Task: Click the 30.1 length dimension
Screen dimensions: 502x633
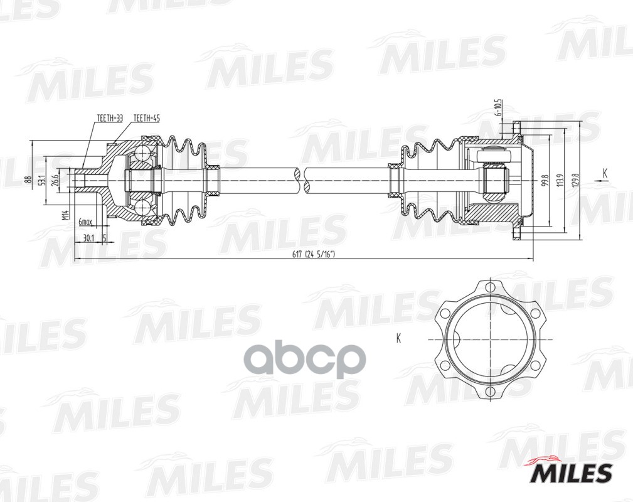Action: coord(88,238)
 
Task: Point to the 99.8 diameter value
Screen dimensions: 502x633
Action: coord(544,181)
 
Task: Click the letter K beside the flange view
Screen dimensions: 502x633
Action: coord(398,339)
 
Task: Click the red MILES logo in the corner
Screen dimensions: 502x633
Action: coord(572,471)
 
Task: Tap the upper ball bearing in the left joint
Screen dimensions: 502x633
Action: coord(145,152)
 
